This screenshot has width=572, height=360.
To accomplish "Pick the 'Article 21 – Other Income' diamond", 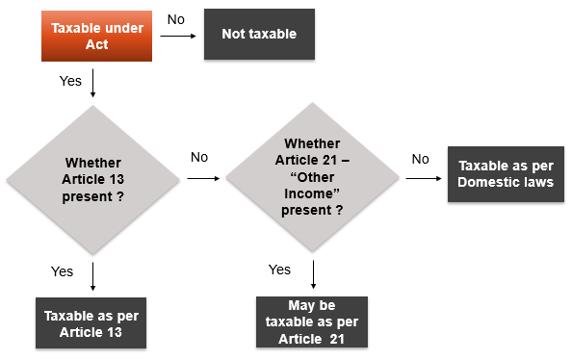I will (313, 180).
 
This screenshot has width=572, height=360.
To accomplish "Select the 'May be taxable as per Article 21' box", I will (313, 323).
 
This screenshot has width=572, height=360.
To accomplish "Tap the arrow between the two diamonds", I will (203, 179).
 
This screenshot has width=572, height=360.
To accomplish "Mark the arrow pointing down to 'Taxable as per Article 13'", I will (93, 277).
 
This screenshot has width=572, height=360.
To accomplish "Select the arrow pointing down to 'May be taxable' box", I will (314, 277).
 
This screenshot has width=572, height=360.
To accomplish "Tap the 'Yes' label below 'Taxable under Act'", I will (70, 81).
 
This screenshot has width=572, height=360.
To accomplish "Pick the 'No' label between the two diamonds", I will (199, 156).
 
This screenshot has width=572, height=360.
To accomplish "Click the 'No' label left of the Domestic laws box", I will (420, 158).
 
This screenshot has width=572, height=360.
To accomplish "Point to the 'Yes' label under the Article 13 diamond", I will (62, 272).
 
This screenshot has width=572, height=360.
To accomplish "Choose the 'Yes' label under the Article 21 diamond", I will (279, 270).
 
